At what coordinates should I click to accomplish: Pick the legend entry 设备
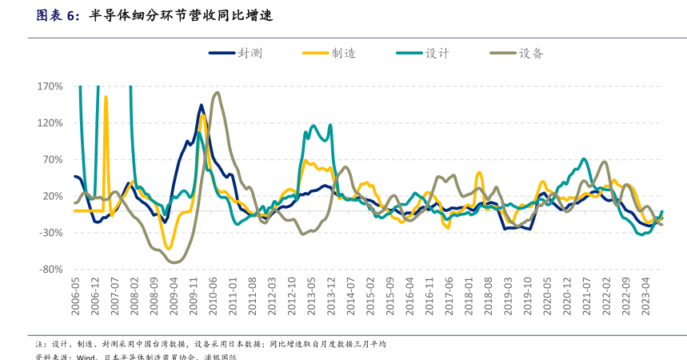pyautogui.click(x=531, y=54)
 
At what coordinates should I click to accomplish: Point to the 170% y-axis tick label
pyautogui.click(x=50, y=86)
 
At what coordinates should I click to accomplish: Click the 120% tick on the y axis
pyautogui.click(x=50, y=123)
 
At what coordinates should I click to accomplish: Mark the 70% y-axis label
pyautogui.click(x=53, y=160)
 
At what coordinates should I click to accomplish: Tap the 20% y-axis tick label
pyautogui.click(x=53, y=197)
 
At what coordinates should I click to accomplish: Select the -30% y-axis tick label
pyautogui.click(x=51, y=234)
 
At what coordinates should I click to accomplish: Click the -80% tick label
pyautogui.click(x=51, y=270)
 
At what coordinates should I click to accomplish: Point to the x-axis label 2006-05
pyautogui.click(x=76, y=297)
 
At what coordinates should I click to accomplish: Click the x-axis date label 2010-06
pyautogui.click(x=214, y=297)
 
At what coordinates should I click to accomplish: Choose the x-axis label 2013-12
pyautogui.click(x=331, y=297)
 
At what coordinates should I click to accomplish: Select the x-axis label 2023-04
pyautogui.click(x=645, y=297)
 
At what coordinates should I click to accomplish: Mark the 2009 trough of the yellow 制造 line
pyautogui.click(x=168, y=248)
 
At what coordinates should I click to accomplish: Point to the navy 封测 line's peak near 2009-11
pyautogui.click(x=202, y=105)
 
